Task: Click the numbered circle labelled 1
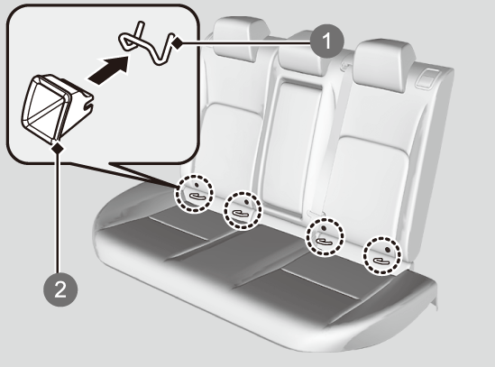pyautogui.click(x=326, y=41)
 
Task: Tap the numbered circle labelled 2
pyautogui.click(x=60, y=289)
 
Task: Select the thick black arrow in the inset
pyautogui.click(x=109, y=69)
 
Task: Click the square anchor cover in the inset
pyautogui.click(x=54, y=107)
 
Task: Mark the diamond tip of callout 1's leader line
pyautogui.click(x=178, y=43)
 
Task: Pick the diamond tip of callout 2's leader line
pyautogui.click(x=58, y=148)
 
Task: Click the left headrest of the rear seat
pyautogui.click(x=242, y=39)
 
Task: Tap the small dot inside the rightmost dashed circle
pyautogui.click(x=388, y=250)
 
